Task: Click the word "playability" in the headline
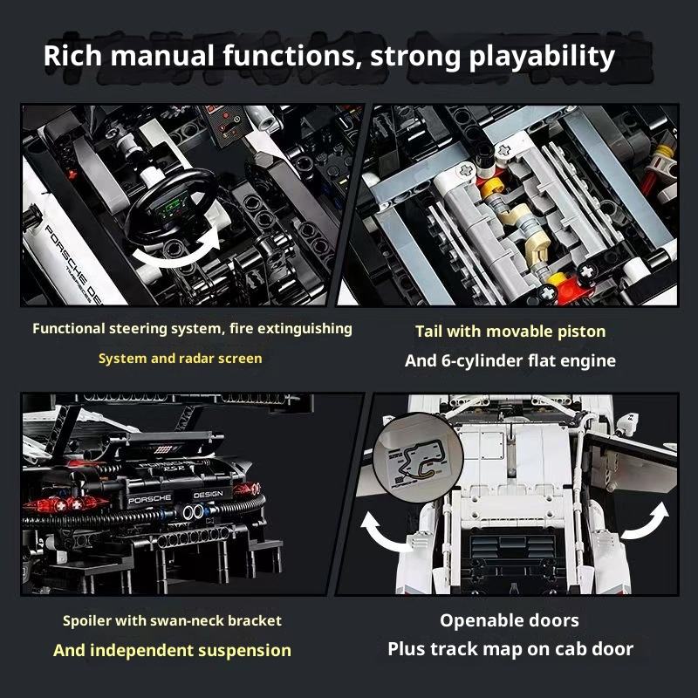tap(542, 57)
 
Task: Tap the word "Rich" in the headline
tap(72, 56)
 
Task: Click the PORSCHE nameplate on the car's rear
tap(149, 499)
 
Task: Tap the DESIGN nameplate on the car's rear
tap(209, 495)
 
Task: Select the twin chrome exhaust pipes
tap(193, 512)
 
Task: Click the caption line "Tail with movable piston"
tap(510, 332)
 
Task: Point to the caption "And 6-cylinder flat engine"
tap(510, 360)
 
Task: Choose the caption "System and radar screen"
tap(181, 359)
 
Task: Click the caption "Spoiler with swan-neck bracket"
tap(172, 620)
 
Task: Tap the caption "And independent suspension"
tap(172, 650)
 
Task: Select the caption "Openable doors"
tap(510, 620)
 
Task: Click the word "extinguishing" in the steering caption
tap(305, 329)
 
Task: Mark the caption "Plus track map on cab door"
tap(510, 649)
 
